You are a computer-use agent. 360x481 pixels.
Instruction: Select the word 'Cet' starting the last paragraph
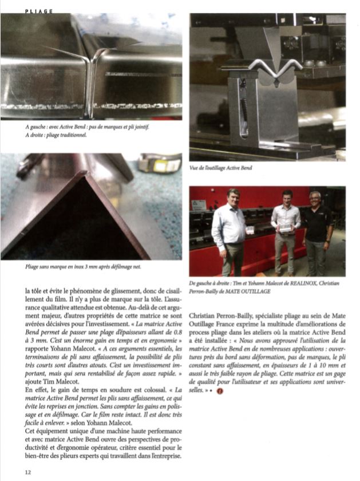pos(30,428)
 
